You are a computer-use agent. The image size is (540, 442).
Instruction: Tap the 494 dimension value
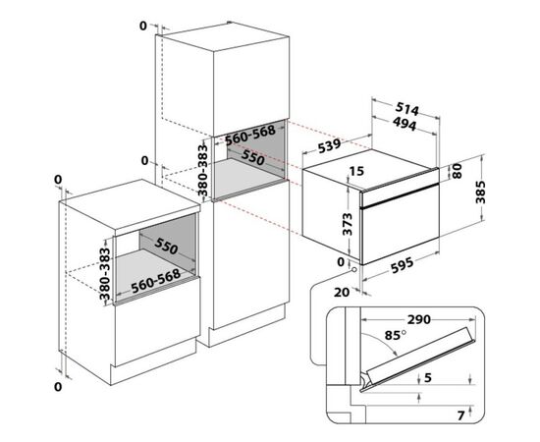coord(405,124)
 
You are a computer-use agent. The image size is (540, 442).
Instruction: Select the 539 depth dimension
coord(330,145)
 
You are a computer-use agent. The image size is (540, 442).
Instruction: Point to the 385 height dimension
coord(480,192)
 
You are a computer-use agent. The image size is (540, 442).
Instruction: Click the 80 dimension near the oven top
coord(457,171)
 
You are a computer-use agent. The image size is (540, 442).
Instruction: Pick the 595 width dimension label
coord(403,265)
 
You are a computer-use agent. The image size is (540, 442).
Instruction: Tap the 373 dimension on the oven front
coord(348,224)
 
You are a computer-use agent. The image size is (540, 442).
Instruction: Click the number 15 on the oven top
coord(356,171)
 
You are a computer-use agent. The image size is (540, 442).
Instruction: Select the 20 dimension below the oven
coord(342,292)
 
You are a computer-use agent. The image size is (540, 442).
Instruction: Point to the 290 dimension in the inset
coord(419,319)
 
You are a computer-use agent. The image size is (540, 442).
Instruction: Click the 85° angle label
coord(396,335)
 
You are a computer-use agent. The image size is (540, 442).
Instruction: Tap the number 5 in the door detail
coord(427,378)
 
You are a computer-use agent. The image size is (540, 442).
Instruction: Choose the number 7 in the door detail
coord(460,415)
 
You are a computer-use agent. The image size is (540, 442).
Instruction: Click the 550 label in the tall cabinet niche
coord(252,157)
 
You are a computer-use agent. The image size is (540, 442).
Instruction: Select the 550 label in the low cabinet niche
coord(166,246)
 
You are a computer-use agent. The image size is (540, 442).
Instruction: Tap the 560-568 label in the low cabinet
coord(156,281)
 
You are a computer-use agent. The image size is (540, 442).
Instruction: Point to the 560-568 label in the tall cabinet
coord(250,135)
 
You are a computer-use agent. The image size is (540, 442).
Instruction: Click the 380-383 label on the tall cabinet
coord(203,170)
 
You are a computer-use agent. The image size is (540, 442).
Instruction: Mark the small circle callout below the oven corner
coord(353,271)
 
